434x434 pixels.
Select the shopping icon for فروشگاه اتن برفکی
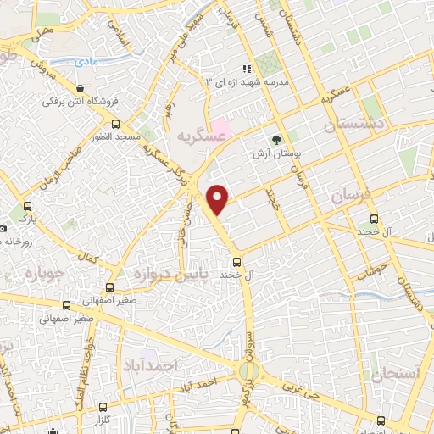[80, 88]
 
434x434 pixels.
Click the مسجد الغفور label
[115, 136]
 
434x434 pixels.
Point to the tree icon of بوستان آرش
[275, 140]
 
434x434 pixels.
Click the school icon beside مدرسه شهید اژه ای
[247, 68]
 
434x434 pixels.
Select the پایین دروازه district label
[164, 274]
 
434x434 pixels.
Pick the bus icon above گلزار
[103, 407]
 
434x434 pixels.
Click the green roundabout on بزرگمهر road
[249, 370]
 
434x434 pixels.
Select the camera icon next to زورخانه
[3, 228]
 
